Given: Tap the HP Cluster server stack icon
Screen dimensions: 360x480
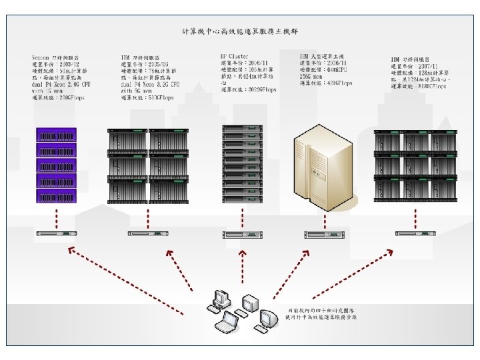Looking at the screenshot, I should click(239, 165).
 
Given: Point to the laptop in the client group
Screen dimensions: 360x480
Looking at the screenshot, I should click(227, 323).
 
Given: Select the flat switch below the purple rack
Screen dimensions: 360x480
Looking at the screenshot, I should click(57, 233).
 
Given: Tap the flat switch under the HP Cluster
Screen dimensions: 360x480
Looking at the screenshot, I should click(241, 233).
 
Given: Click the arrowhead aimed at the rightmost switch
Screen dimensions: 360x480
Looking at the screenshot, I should click(389, 252).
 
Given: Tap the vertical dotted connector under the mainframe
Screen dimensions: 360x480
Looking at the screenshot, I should click(325, 217).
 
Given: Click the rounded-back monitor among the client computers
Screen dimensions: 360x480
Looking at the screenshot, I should click(267, 317).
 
